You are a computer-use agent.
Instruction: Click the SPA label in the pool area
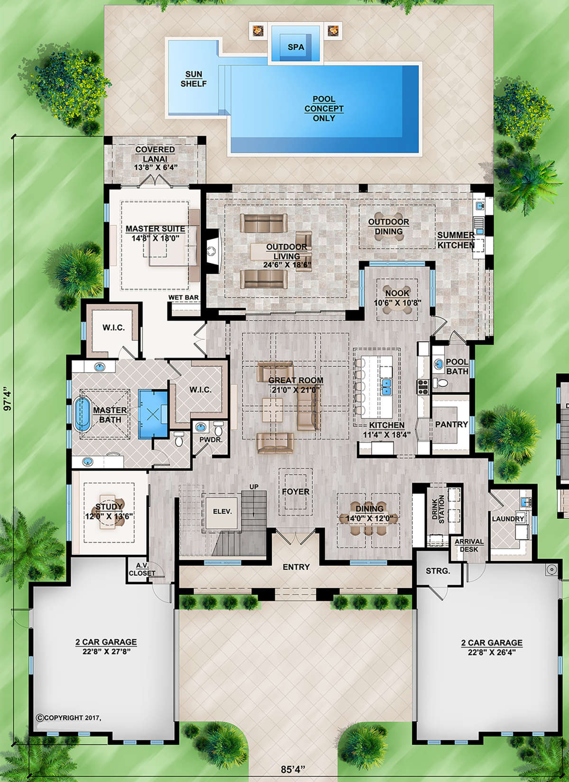pos(296,47)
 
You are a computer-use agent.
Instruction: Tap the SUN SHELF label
pos(193,79)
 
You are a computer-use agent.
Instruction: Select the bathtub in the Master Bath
pos(82,415)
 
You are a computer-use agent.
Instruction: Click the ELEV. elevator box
pos(222,511)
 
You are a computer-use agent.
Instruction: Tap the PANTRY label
pos(451,424)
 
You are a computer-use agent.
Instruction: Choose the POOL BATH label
pos(457,366)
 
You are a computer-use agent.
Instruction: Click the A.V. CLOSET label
pos(142,569)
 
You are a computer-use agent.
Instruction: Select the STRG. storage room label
pos(438,571)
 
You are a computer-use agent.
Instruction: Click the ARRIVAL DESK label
pos(469,546)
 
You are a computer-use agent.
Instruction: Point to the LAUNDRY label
pos(508,519)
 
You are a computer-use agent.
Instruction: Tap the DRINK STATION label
pos(438,509)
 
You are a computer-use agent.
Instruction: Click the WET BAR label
pos(184,298)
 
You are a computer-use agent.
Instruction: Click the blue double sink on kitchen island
pos(386,386)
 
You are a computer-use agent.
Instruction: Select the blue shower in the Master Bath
pos(153,414)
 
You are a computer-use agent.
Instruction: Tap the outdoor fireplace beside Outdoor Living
pos(213,251)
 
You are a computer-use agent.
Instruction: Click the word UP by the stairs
pos(254,487)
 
